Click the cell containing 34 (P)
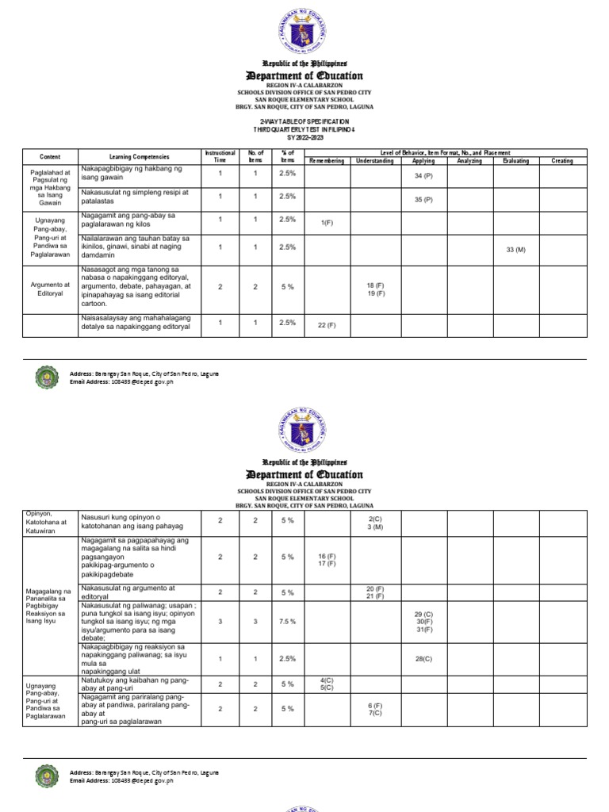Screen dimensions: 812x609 423,175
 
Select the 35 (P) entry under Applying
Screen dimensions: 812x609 423,200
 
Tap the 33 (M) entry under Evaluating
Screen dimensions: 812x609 515,250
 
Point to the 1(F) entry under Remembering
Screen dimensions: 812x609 326,223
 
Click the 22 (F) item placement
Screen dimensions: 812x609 326,325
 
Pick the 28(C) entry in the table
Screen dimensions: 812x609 423,659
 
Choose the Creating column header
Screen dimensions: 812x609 562,161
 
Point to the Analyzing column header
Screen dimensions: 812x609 469,161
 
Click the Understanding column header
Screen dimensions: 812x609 374,161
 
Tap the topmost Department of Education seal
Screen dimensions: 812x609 305,29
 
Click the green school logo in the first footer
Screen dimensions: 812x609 48,377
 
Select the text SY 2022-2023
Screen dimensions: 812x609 305,137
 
